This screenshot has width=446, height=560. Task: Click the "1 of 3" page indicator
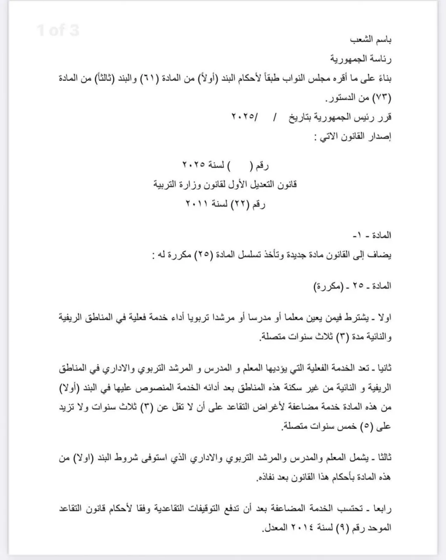[x=58, y=30]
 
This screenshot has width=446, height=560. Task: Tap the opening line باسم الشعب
[x=371, y=40]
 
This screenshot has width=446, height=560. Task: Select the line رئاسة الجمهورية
[x=361, y=59]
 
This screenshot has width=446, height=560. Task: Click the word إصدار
[x=379, y=136]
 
